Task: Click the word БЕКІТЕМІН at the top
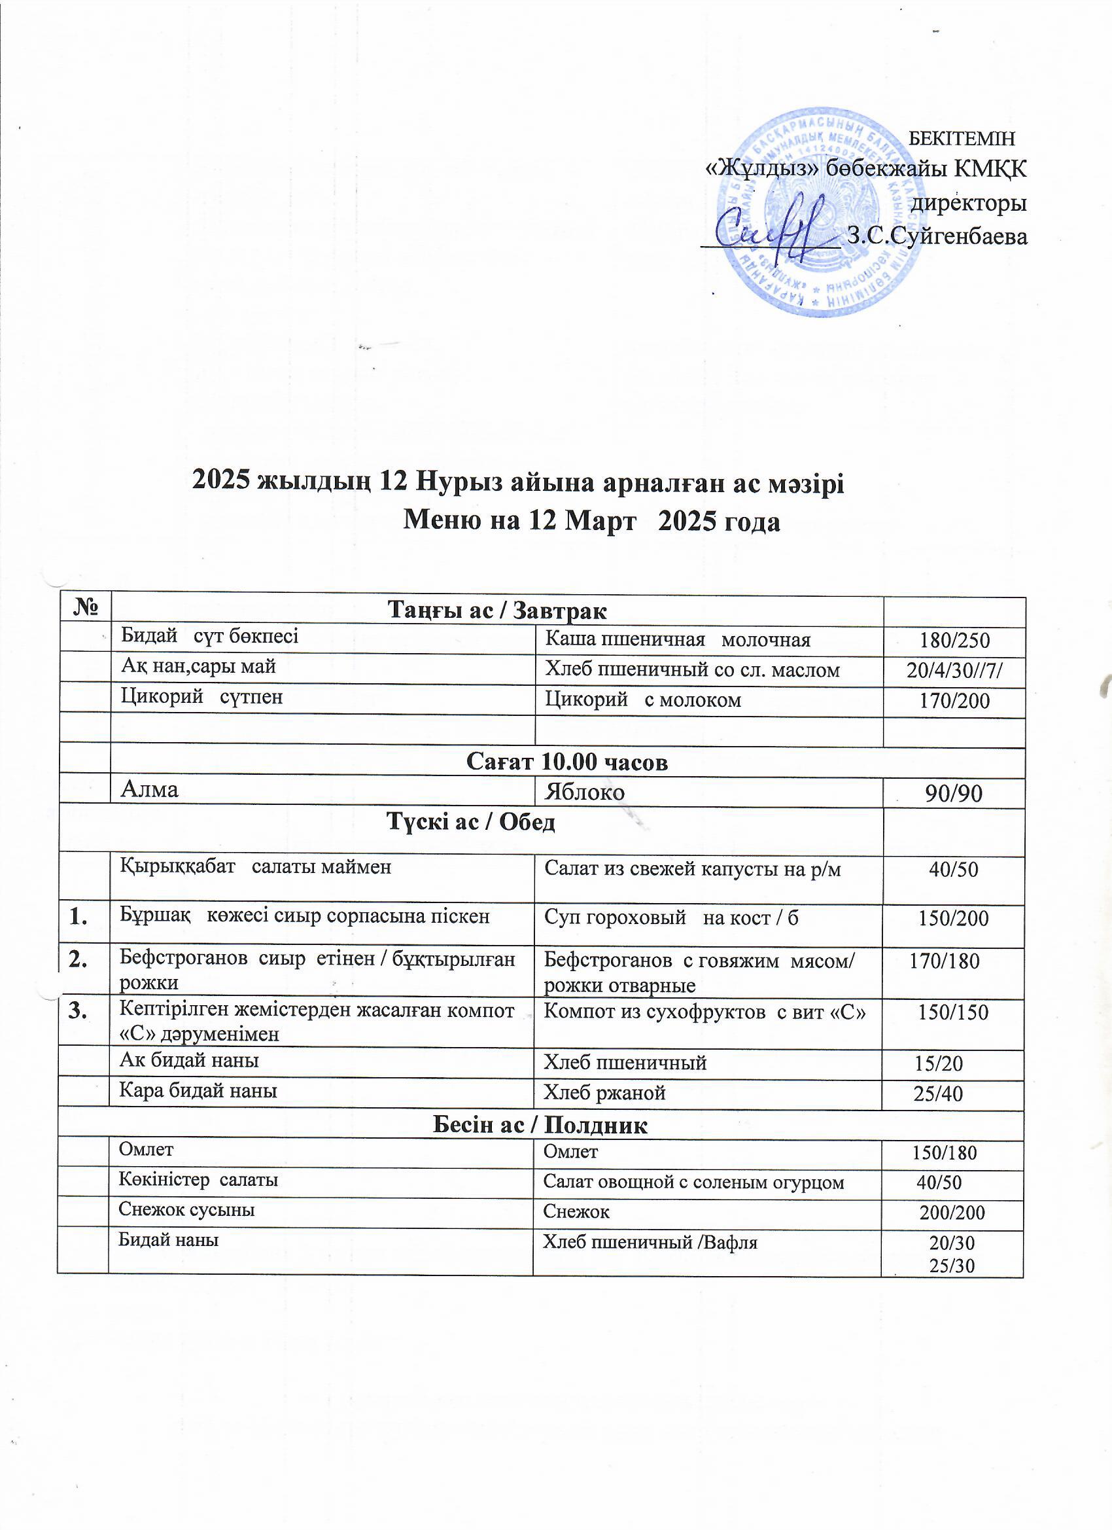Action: (962, 139)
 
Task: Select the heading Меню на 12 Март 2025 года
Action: (591, 522)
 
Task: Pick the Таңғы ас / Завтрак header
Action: (497, 611)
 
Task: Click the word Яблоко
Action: (585, 792)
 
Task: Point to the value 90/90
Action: (954, 794)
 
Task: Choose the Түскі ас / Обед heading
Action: (470, 823)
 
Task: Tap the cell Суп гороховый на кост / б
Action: (672, 917)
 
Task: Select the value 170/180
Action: (944, 961)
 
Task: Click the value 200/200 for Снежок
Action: (952, 1213)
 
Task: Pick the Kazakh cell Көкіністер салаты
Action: (198, 1180)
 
